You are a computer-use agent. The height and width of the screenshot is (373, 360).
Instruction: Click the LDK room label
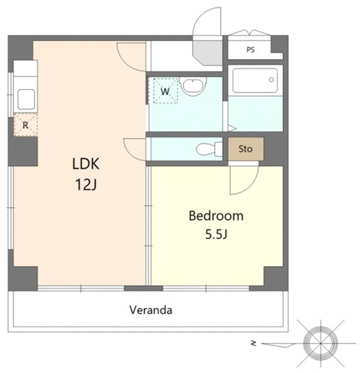click(x=86, y=164)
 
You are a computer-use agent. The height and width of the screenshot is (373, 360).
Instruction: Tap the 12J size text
click(x=86, y=185)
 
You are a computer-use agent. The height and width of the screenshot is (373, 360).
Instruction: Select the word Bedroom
click(x=216, y=216)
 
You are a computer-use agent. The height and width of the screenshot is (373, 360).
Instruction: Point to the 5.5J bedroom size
click(x=216, y=234)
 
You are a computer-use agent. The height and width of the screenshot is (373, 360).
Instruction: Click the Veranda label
click(x=151, y=310)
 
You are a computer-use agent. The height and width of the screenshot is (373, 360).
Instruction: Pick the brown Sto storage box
click(x=246, y=149)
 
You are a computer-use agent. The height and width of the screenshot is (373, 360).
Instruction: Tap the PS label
click(x=250, y=50)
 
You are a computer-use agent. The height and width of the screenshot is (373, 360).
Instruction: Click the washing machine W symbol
click(x=166, y=91)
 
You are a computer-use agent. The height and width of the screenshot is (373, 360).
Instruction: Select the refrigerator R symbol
click(x=26, y=125)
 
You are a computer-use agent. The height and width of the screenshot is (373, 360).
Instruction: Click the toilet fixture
click(x=209, y=149)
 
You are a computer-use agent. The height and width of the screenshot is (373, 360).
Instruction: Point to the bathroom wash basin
click(x=193, y=86)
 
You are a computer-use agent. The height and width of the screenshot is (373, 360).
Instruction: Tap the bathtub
click(x=255, y=80)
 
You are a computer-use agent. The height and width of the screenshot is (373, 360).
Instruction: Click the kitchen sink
click(x=26, y=100)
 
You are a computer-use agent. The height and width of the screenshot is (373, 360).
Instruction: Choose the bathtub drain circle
click(x=271, y=79)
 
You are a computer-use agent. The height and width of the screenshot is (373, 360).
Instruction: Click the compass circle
click(x=320, y=343)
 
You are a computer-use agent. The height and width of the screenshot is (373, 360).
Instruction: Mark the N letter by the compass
click(x=254, y=343)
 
